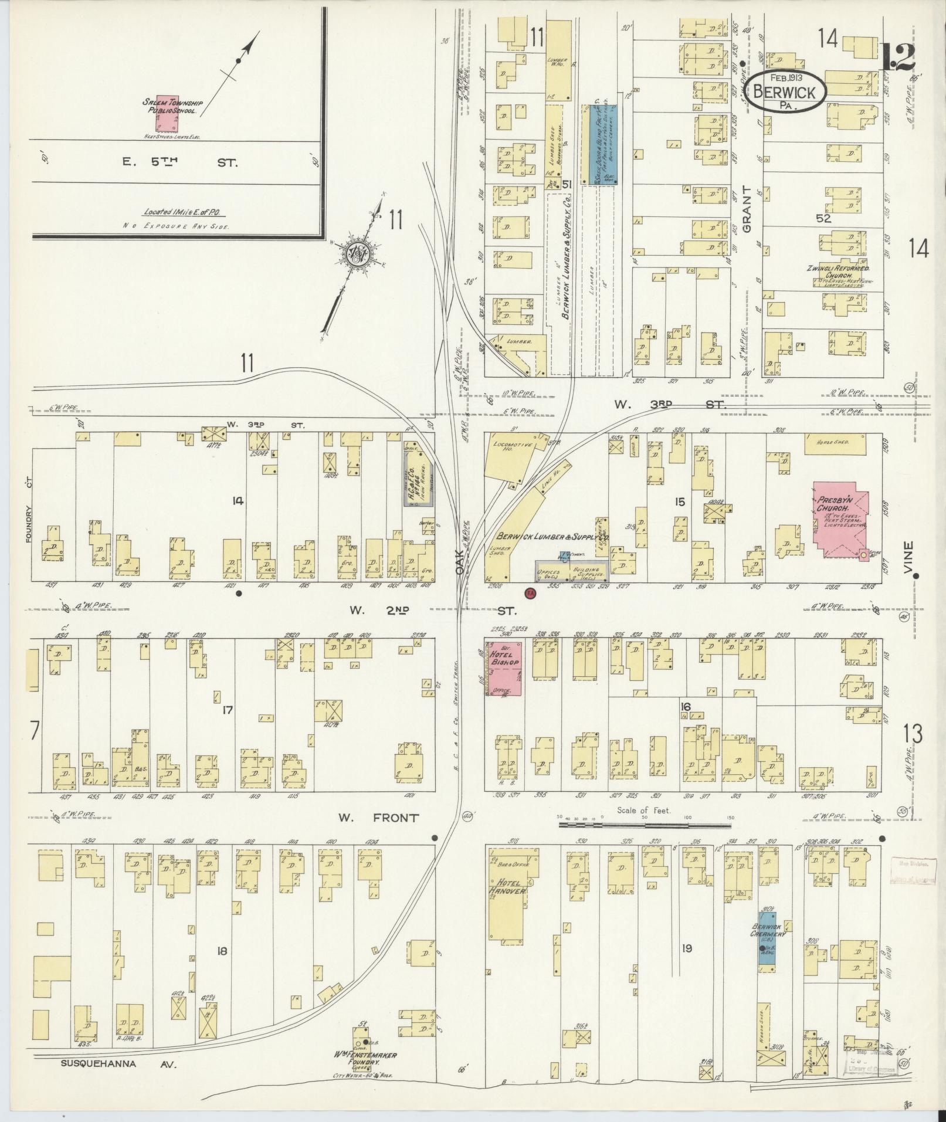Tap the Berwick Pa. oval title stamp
(786, 91)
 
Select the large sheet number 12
(898, 57)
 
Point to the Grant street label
(746, 209)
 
